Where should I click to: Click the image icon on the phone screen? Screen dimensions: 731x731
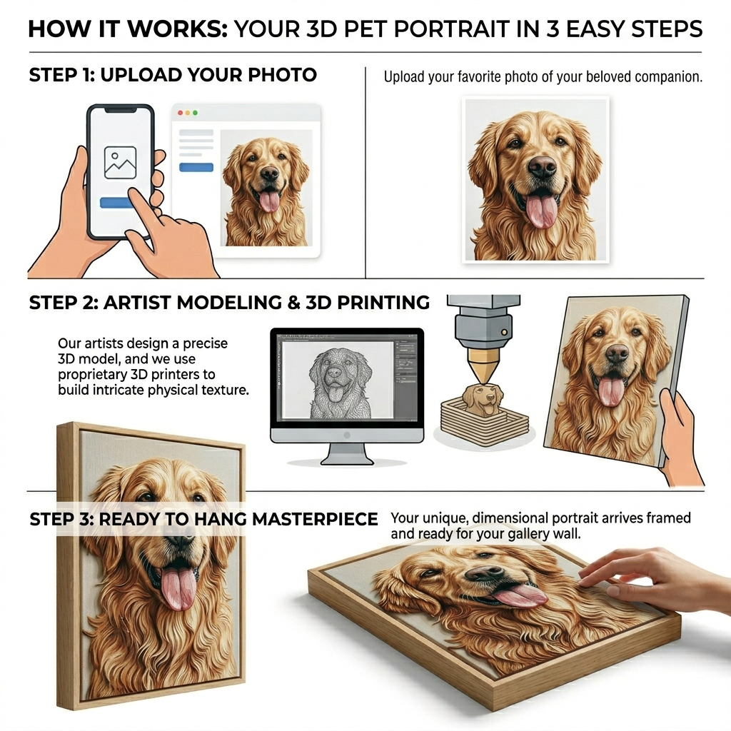click(x=120, y=163)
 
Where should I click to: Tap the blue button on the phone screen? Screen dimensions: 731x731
click(x=116, y=202)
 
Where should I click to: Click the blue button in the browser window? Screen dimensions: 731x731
click(x=196, y=167)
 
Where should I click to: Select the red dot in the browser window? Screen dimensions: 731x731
click(x=181, y=113)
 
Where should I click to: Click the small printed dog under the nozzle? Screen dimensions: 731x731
click(x=483, y=399)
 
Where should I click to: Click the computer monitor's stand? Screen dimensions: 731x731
click(x=348, y=454)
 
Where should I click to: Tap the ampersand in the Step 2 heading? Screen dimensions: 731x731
click(x=293, y=303)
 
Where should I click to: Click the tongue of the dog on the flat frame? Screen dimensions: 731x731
click(x=520, y=595)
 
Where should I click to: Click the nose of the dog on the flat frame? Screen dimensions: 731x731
click(x=485, y=573)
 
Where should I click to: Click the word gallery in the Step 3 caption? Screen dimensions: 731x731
click(x=529, y=534)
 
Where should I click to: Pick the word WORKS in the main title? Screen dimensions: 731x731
click(x=177, y=29)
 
